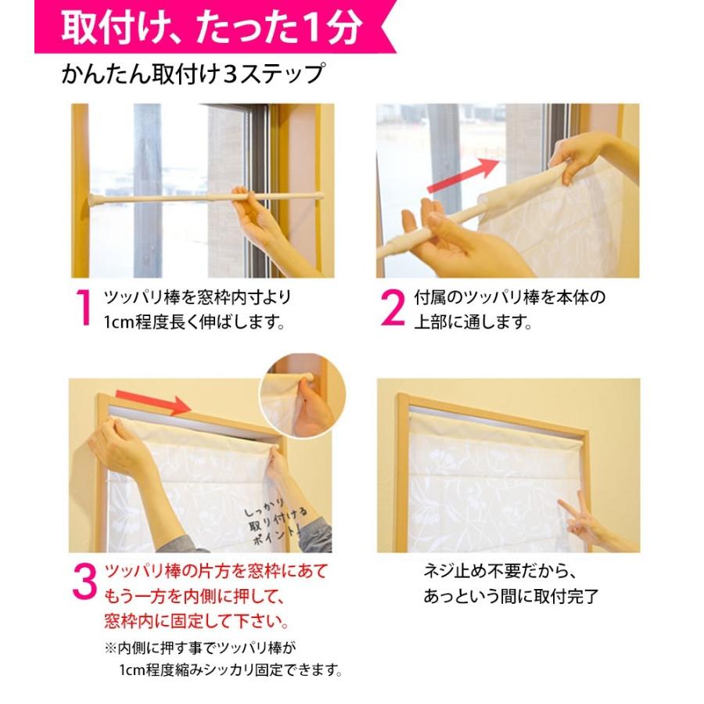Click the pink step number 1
coord(84,307)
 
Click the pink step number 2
coord(393,307)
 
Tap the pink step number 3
coord(84,582)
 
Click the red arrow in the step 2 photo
coord(462,176)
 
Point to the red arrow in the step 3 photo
coord(153,402)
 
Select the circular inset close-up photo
coord(303,396)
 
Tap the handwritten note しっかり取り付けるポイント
coord(274,521)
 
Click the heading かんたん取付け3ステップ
coord(193,74)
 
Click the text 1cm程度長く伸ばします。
coord(195,322)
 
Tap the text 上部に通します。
coord(472,322)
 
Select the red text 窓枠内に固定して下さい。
coord(196,621)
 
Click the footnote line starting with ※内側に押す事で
coord(200,648)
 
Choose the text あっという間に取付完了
coord(511,596)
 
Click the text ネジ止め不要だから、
coord(499,572)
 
